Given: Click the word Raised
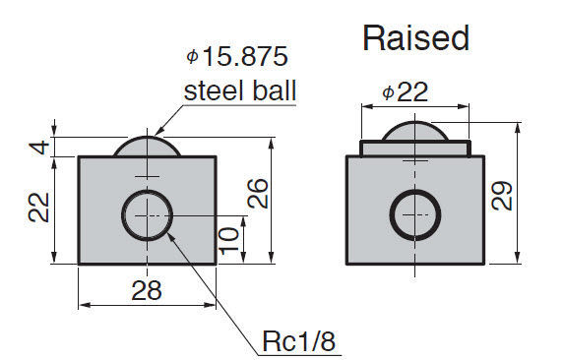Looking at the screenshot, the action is point(415,38).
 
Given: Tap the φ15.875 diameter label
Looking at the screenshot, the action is point(237,56).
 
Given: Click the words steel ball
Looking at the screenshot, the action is point(240,90).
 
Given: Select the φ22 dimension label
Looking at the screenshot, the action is point(405,92).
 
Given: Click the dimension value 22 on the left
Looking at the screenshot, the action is point(38,208).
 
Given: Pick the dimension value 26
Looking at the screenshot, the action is point(258,194).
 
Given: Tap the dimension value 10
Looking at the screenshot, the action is point(228,241).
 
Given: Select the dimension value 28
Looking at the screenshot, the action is point(147,290).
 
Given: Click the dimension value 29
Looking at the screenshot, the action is point(501,196).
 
